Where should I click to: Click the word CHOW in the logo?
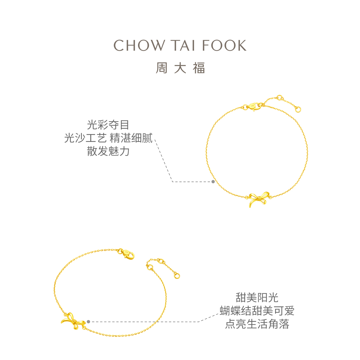point(139,46)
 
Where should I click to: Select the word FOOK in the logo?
point(224,46)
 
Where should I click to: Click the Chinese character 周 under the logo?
point(161,68)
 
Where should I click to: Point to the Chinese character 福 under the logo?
point(199,68)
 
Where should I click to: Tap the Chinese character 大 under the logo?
point(180,68)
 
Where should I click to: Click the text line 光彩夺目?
point(108,125)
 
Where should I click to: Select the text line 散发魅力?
point(108,151)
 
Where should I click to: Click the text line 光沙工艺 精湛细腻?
point(108,138)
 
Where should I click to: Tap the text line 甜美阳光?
point(257,298)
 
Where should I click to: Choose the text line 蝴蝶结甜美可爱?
point(257,311)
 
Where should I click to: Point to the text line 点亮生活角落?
point(257,324)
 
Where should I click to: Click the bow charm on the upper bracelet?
point(258,199)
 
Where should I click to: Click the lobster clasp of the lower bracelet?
point(127,254)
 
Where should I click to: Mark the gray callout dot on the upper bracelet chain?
point(213,181)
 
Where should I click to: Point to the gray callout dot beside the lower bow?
point(88,322)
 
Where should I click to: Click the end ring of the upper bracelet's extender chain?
point(298,109)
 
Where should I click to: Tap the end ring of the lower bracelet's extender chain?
point(177,275)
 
